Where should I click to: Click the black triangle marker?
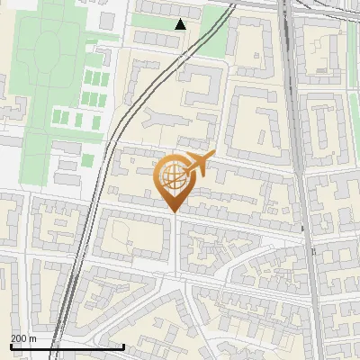[x=181, y=23]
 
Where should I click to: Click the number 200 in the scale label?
[x=19, y=338]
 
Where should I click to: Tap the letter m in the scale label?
[x=33, y=338]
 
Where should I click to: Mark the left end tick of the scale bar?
[x=12, y=346]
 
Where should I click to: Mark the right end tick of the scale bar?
[x=123, y=346]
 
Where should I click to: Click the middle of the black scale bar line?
[x=67, y=346]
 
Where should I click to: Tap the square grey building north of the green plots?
[x=107, y=21]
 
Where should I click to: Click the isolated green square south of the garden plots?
[x=87, y=160]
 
